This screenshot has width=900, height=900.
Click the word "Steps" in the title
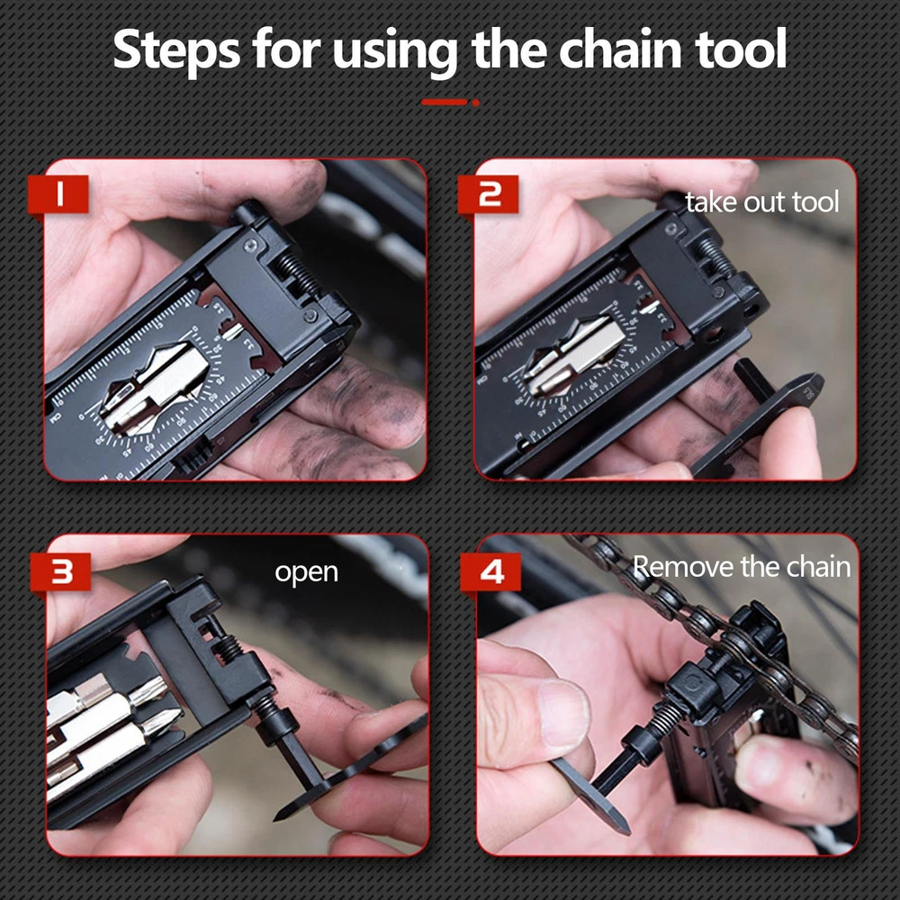pyautogui.click(x=176, y=50)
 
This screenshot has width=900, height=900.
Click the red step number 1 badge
pyautogui.click(x=58, y=195)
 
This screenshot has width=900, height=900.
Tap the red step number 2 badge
pyautogui.click(x=489, y=195)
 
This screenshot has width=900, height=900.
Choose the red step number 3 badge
pyautogui.click(x=60, y=571)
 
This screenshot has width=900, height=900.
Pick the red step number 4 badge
pyautogui.click(x=490, y=571)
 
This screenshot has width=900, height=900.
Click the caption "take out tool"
pyautogui.click(x=761, y=202)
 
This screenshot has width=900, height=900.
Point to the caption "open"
pyautogui.click(x=307, y=573)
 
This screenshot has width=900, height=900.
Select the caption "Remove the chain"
pyautogui.click(x=742, y=566)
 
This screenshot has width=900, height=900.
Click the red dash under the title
pyautogui.click(x=445, y=103)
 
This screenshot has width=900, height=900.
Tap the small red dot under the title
pyautogui.click(x=476, y=103)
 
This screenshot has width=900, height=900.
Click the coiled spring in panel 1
pyautogui.click(x=297, y=275)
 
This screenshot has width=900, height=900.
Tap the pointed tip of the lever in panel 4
pyautogui.click(x=625, y=832)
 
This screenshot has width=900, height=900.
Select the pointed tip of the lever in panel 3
pyautogui.click(x=276, y=817)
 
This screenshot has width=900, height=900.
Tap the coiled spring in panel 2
pyautogui.click(x=716, y=256)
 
